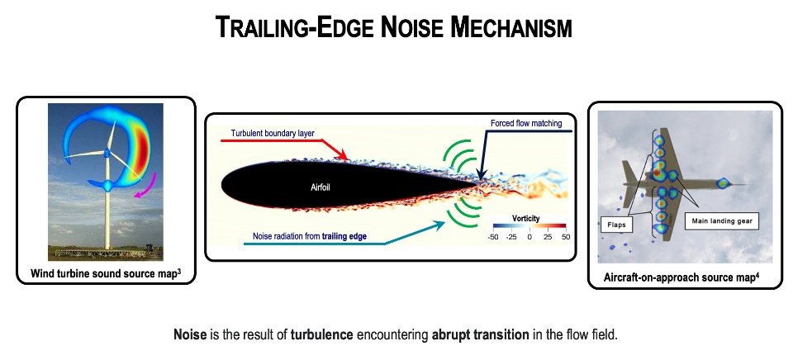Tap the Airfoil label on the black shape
click(x=321, y=188)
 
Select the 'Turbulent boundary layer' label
click(x=273, y=134)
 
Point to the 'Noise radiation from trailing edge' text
click(x=310, y=235)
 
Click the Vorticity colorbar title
click(x=526, y=219)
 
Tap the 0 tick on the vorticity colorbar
click(x=529, y=237)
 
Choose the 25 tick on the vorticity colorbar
click(x=547, y=237)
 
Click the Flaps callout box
click(x=616, y=225)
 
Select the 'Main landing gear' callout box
click(x=722, y=221)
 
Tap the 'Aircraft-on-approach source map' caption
click(x=681, y=277)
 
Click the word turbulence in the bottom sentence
click(x=321, y=334)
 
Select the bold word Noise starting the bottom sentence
click(x=190, y=334)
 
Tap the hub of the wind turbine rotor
click(x=107, y=152)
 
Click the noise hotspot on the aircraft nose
click(x=724, y=182)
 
